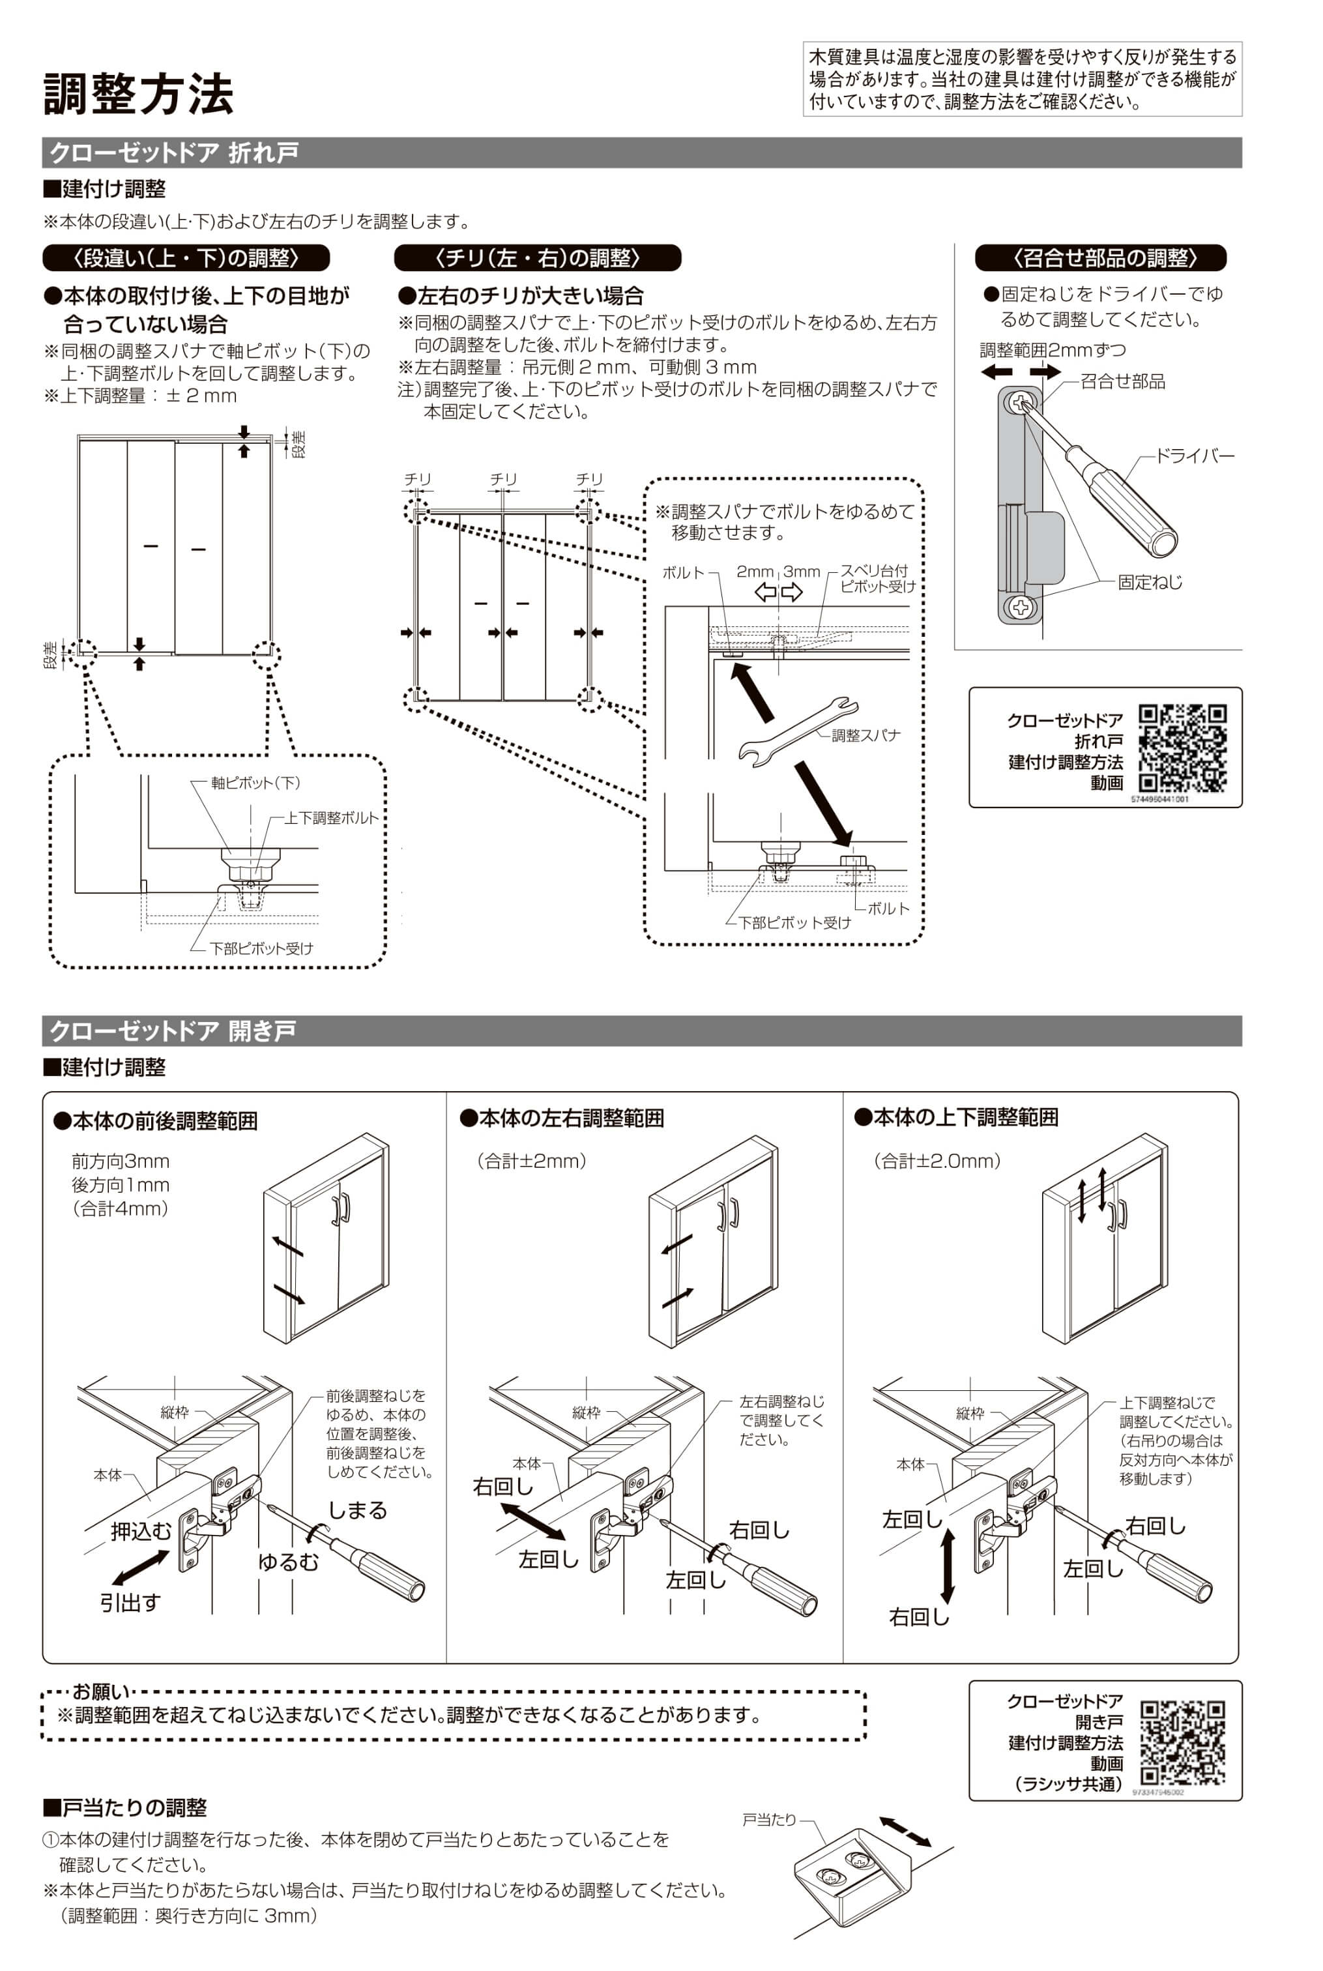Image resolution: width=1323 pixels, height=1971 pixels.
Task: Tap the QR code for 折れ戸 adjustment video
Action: tap(1182, 748)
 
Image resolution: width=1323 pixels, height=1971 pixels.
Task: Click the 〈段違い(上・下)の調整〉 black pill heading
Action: tap(186, 257)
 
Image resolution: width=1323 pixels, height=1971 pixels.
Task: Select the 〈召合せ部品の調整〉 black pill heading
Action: tap(1100, 257)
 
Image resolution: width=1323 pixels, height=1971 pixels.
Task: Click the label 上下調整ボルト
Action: tap(332, 817)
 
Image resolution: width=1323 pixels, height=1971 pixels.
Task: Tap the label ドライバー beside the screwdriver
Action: tap(1194, 456)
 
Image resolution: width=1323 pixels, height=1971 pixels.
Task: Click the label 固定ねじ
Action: tap(1150, 582)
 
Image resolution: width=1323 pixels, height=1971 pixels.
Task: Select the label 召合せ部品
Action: tap(1122, 381)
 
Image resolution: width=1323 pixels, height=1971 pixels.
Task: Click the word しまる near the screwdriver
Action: tap(357, 1510)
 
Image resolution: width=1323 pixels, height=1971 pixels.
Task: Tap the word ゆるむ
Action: tap(289, 1562)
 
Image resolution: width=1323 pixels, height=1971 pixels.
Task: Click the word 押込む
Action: tap(141, 1530)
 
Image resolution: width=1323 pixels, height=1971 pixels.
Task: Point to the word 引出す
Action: tap(130, 1602)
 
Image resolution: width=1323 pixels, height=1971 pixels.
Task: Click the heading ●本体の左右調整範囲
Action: tap(562, 1118)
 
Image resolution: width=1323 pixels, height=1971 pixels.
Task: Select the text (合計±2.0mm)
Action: tap(937, 1161)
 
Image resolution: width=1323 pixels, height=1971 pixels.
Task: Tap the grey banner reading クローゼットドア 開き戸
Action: tap(642, 1030)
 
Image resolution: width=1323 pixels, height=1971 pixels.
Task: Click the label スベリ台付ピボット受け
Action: tap(877, 578)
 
